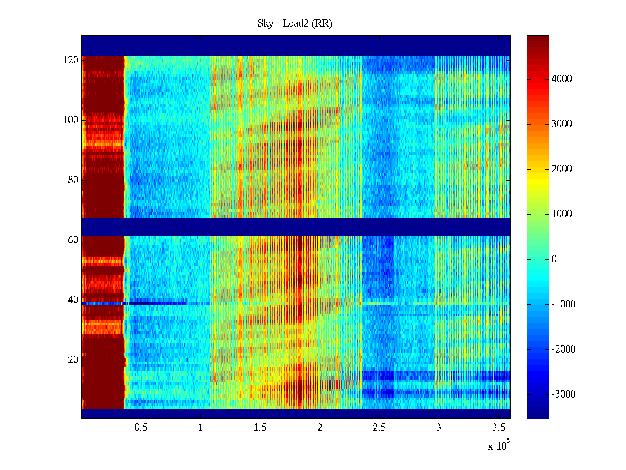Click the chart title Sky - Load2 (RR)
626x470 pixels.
tap(295, 23)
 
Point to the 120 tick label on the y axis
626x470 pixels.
tap(71, 60)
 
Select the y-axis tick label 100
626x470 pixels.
tap(71, 120)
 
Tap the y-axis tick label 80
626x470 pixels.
tap(73, 180)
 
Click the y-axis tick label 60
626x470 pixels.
tap(73, 240)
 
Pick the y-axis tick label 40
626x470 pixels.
tap(73, 300)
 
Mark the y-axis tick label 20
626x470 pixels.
tap(73, 360)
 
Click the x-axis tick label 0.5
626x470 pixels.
tap(141, 428)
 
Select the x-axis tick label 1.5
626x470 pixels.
tap(260, 428)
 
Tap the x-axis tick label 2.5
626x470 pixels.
tap(379, 428)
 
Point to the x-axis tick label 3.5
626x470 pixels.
tap(498, 428)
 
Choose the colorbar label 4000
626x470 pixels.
tap(562, 79)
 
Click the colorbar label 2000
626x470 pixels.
tap(562, 169)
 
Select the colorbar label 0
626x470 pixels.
tap(554, 259)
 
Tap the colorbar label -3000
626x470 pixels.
tap(563, 394)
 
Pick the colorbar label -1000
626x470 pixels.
tap(563, 304)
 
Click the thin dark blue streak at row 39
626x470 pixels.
tap(156, 303)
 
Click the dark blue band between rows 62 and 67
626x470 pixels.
tap(296, 227)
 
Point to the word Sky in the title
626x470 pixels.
tap(265, 23)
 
